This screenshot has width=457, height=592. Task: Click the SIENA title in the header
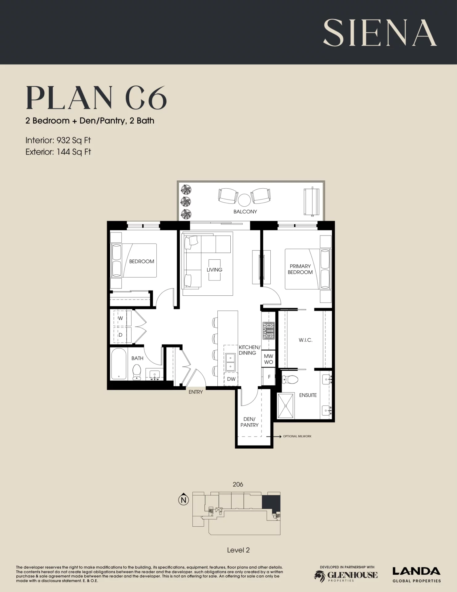coord(380,33)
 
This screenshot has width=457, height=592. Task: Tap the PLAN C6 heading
coord(96,98)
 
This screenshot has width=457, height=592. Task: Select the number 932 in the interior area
coord(63,140)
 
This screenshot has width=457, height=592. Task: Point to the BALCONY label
coord(245,212)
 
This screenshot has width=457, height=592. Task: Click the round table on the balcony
coord(244,200)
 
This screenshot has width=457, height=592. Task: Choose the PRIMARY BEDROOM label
coord(300,269)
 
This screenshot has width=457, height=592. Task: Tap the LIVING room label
coord(214,270)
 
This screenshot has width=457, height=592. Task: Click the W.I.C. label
coord(305,340)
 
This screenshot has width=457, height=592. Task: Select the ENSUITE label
coord(308,395)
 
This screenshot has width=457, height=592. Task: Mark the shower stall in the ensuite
coord(286,406)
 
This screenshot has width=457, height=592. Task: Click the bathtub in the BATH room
coord(119,364)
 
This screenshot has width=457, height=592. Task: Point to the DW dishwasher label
coord(231,379)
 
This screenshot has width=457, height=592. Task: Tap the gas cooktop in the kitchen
coord(269,331)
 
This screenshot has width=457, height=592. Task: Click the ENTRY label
coord(196,392)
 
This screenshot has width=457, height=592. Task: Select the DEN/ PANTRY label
coord(249,422)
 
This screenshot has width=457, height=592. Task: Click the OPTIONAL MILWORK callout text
coord(297,436)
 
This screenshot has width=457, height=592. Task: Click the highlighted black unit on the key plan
coord(271,503)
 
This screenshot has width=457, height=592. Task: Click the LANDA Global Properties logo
coord(416,575)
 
